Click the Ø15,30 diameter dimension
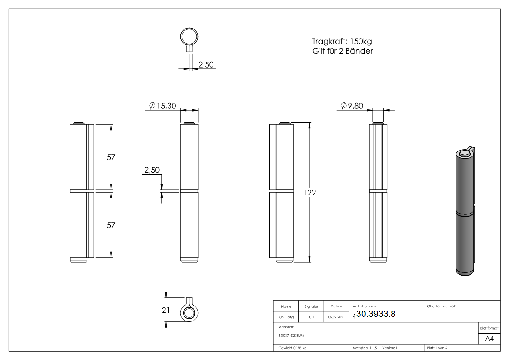click(x=164, y=106)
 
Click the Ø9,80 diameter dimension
click(x=353, y=106)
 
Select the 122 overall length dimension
click(x=310, y=192)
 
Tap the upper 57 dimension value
click(x=111, y=157)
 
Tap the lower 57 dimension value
click(x=111, y=225)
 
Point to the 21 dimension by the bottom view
click(x=165, y=310)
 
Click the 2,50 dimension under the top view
click(x=206, y=64)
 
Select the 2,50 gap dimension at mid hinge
click(x=152, y=170)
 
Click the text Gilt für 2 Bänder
click(x=339, y=51)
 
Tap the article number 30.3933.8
click(x=376, y=314)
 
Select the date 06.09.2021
click(x=336, y=317)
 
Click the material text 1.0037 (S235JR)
click(x=291, y=336)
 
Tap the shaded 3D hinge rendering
click(x=464, y=211)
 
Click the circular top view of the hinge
click(x=189, y=37)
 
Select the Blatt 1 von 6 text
click(x=437, y=348)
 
